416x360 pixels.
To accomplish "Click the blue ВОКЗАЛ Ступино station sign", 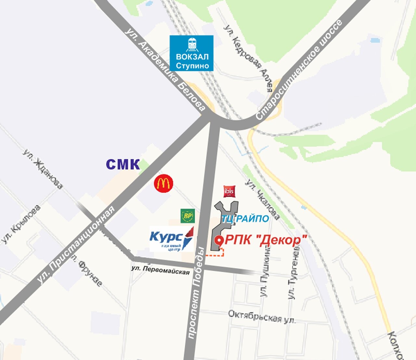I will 191,53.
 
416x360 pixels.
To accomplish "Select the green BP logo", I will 188,216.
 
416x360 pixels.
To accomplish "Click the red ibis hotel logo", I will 229,191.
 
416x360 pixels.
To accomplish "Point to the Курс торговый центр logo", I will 172,239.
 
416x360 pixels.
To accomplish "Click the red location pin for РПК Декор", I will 219,241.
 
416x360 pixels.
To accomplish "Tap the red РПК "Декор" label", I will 266,240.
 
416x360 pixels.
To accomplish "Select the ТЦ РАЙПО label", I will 245,219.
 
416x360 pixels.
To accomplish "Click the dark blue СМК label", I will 123,165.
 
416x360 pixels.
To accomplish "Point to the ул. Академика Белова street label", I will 165,69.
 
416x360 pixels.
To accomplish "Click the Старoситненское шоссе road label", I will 299,69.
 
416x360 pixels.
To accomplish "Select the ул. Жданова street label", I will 43,169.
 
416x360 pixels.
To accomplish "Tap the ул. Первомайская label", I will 160,270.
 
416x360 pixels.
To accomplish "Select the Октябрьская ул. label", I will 262,317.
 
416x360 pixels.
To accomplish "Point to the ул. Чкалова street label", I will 262,199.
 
